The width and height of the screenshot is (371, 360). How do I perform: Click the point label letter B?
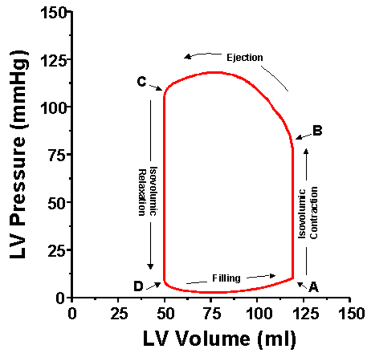(x=318, y=131)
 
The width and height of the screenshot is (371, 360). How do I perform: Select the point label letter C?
(x=141, y=82)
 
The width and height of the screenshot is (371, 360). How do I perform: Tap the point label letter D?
(x=139, y=287)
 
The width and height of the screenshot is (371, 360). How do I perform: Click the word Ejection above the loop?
(x=244, y=57)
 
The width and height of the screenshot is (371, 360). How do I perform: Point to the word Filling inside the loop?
(x=226, y=278)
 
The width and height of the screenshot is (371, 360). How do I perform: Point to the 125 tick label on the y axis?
(x=55, y=60)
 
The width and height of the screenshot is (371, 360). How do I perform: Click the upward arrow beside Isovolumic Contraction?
(x=306, y=210)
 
